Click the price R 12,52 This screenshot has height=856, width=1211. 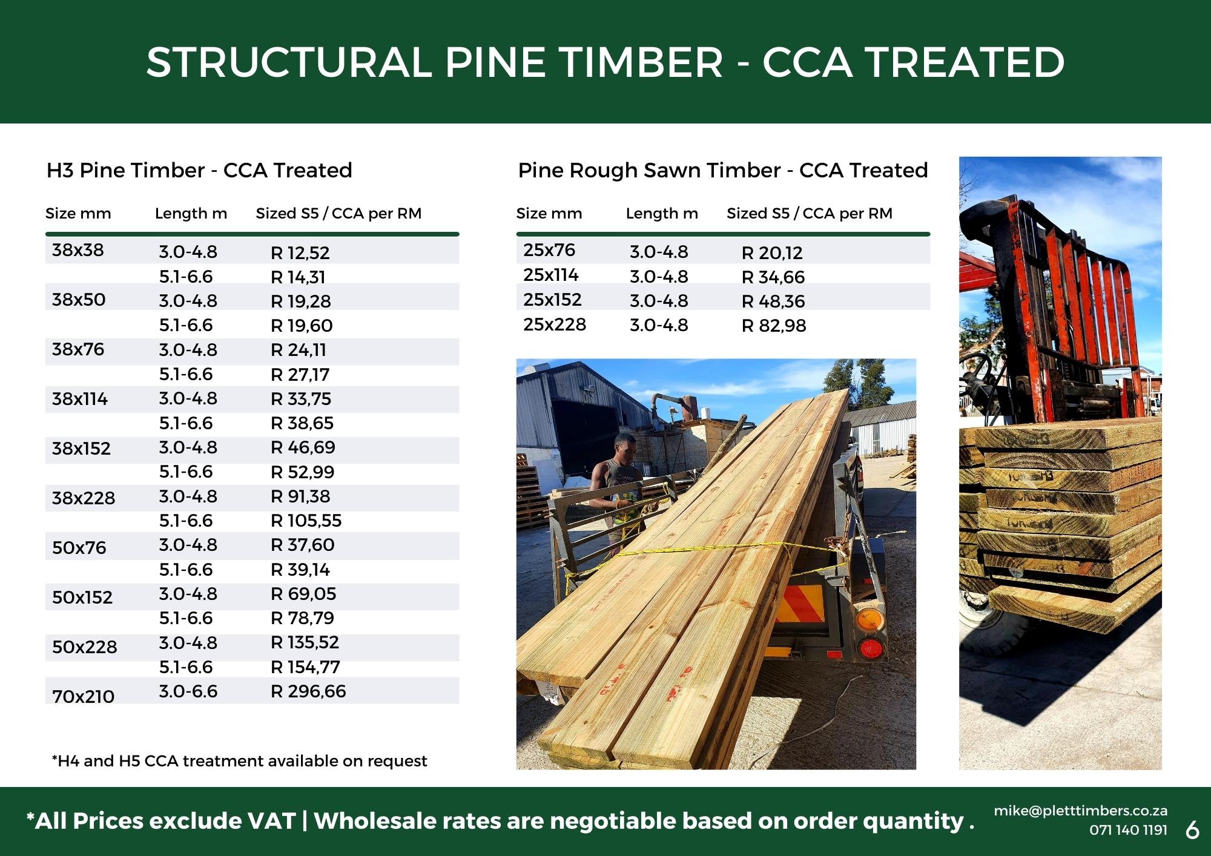pyautogui.click(x=300, y=253)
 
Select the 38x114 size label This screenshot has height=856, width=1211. pyautogui.click(x=80, y=399)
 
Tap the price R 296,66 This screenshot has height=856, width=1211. pyautogui.click(x=308, y=691)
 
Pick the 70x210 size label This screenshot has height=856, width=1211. pyautogui.click(x=83, y=696)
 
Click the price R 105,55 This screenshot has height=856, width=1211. pyautogui.click(x=306, y=521)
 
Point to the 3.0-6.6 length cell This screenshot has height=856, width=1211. pyautogui.click(x=188, y=691)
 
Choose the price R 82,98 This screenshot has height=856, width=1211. pyautogui.click(x=774, y=326)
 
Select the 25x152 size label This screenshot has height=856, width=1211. pyautogui.click(x=552, y=300)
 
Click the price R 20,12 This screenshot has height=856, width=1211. pyautogui.click(x=772, y=253)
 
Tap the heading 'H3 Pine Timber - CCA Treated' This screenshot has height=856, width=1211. pyautogui.click(x=199, y=170)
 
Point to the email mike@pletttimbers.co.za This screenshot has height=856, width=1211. pyautogui.click(x=1080, y=811)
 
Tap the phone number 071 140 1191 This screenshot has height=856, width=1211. pyautogui.click(x=1128, y=830)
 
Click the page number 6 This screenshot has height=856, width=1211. pyautogui.click(x=1192, y=830)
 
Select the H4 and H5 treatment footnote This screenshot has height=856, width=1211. pyautogui.click(x=240, y=761)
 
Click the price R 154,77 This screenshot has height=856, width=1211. pyautogui.click(x=305, y=667)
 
